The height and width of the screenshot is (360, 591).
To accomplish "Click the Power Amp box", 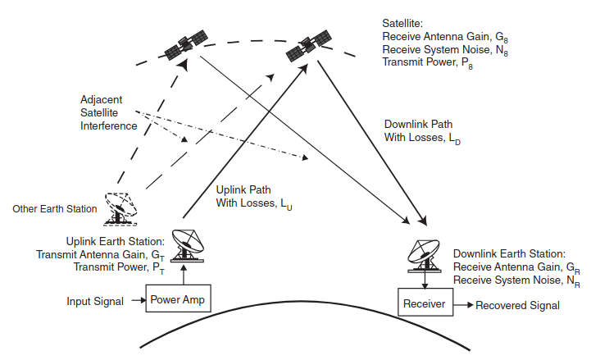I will [178, 299].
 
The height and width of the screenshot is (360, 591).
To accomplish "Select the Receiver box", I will [425, 304].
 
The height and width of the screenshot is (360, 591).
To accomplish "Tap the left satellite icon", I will [188, 46].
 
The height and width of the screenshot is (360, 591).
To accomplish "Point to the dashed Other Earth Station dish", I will [120, 208].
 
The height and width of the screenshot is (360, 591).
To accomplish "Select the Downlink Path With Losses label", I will [423, 131].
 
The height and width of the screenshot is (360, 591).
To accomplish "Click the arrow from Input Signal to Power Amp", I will [136, 301].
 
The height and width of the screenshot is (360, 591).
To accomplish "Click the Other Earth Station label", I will [55, 208].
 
